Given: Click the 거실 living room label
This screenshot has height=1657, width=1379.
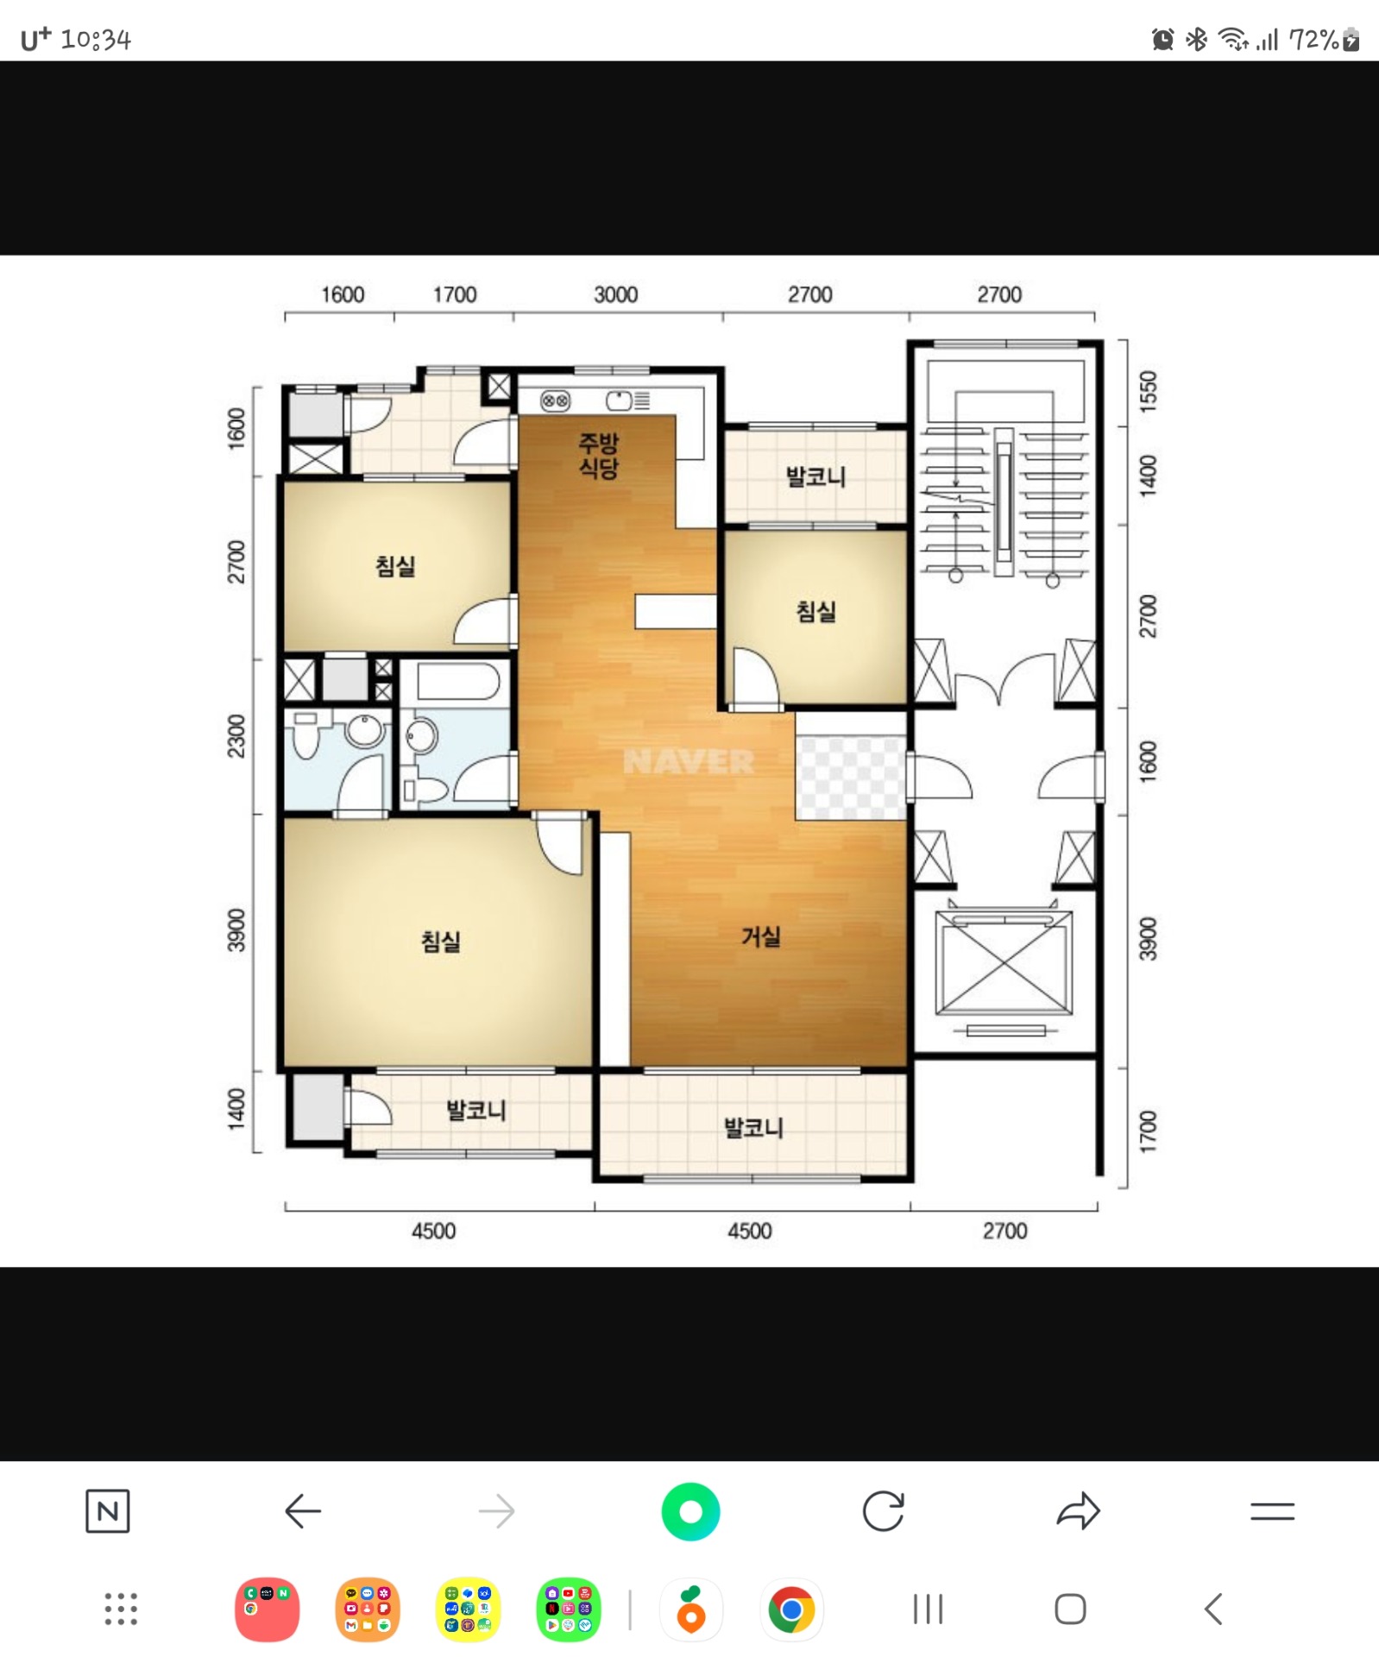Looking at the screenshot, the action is [x=760, y=936].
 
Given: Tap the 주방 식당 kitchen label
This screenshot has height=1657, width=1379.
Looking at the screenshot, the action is [x=598, y=456].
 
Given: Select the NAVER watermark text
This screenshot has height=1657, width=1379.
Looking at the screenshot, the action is [x=689, y=762].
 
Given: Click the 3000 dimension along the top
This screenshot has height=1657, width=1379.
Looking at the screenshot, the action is [x=615, y=295].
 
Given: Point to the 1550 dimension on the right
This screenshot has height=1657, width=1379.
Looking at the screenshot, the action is [x=1148, y=392].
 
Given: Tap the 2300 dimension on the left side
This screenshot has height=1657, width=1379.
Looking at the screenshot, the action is [x=236, y=736].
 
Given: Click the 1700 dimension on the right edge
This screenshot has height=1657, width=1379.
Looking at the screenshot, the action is [x=1148, y=1131].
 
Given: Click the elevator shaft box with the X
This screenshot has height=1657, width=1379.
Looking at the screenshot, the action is [x=1004, y=961].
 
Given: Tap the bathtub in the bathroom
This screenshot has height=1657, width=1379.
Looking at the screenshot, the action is [x=457, y=682].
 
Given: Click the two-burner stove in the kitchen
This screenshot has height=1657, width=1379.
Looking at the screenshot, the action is [x=555, y=400].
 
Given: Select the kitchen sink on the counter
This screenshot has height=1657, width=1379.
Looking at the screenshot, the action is [x=620, y=400].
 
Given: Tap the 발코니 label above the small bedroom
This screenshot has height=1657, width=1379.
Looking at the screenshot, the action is [x=815, y=476].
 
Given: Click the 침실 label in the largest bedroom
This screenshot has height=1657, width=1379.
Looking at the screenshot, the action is [x=440, y=941].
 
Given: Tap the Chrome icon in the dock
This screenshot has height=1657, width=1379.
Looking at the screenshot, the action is [x=791, y=1610].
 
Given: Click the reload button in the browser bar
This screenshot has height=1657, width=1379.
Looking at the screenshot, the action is [x=884, y=1511].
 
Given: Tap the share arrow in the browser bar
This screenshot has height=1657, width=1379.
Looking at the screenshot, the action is [x=1078, y=1511].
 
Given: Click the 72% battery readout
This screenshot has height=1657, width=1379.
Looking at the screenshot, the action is [x=1313, y=39].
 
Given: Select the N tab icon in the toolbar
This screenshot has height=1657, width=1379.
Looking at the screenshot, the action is [x=108, y=1511].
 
